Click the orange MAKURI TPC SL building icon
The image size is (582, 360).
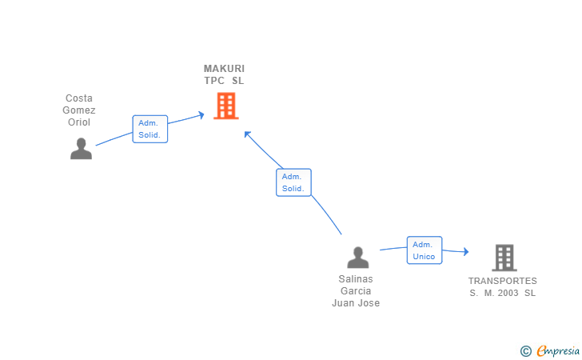(226, 106)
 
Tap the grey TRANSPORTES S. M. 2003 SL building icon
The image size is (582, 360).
(504, 258)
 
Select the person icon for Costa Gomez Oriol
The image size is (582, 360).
(81, 149)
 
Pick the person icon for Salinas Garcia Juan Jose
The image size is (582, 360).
(357, 257)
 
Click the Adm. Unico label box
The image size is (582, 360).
(424, 250)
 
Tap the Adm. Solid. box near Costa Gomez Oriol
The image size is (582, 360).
(149, 129)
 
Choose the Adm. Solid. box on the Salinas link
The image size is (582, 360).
(293, 182)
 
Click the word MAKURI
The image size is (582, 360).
(224, 69)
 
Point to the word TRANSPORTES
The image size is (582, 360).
(503, 281)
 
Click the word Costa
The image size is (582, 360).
(79, 98)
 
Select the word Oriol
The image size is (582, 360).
(79, 122)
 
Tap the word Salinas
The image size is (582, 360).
(356, 279)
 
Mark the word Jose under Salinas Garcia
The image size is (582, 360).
(369, 303)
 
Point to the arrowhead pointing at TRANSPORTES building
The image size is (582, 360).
(465, 252)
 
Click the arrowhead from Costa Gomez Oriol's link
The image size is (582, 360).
(201, 115)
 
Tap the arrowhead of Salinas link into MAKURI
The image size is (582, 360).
(248, 134)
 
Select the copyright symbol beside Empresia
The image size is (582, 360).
(525, 350)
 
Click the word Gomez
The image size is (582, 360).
(79, 110)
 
